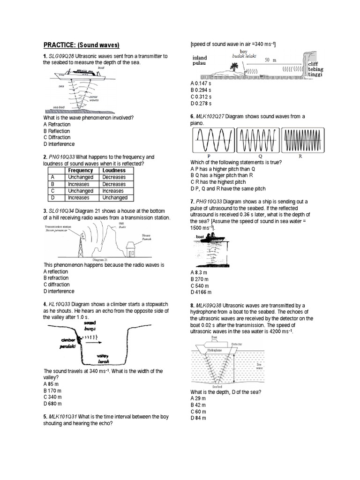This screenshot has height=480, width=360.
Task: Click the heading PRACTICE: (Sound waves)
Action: click(82, 45)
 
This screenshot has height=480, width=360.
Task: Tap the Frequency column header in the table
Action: click(80, 171)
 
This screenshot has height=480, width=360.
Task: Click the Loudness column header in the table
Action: click(114, 171)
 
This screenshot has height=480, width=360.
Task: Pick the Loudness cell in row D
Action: click(114, 198)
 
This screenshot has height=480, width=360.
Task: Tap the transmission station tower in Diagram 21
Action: click(80, 244)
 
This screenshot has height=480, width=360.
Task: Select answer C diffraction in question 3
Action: click(56, 285)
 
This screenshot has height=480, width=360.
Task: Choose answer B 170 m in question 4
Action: click(52, 390)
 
